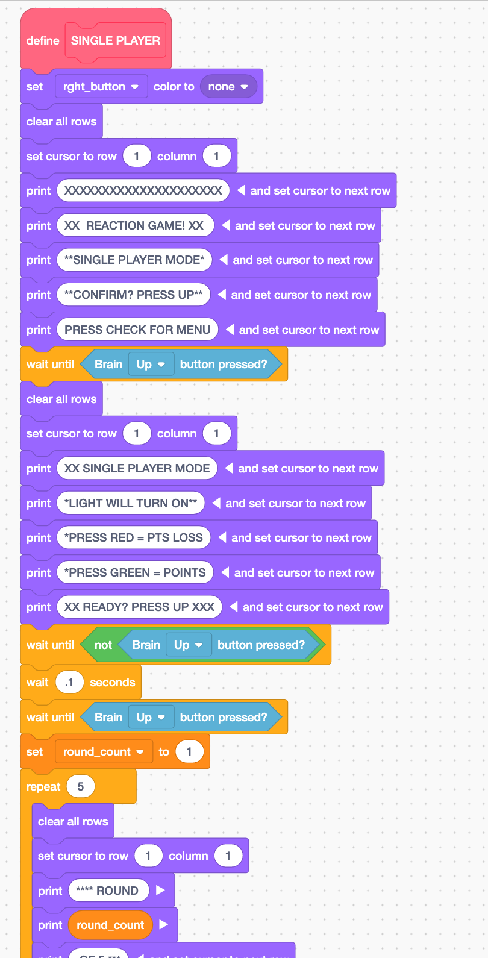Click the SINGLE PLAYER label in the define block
point(115,40)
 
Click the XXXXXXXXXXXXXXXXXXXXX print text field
point(143,191)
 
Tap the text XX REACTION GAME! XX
point(134,226)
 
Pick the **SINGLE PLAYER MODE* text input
point(134,260)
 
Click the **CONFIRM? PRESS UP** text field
point(133,295)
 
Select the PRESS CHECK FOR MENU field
point(137,330)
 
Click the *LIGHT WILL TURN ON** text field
point(130,503)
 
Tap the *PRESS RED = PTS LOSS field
point(133,538)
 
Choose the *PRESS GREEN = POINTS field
point(135,573)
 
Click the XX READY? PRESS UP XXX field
point(139,607)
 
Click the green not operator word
point(103,645)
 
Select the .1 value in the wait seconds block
point(69,683)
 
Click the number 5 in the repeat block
point(80,787)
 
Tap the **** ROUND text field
point(108,891)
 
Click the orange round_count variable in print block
point(110,925)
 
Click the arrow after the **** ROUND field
point(160,891)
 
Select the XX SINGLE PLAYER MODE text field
point(137,469)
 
